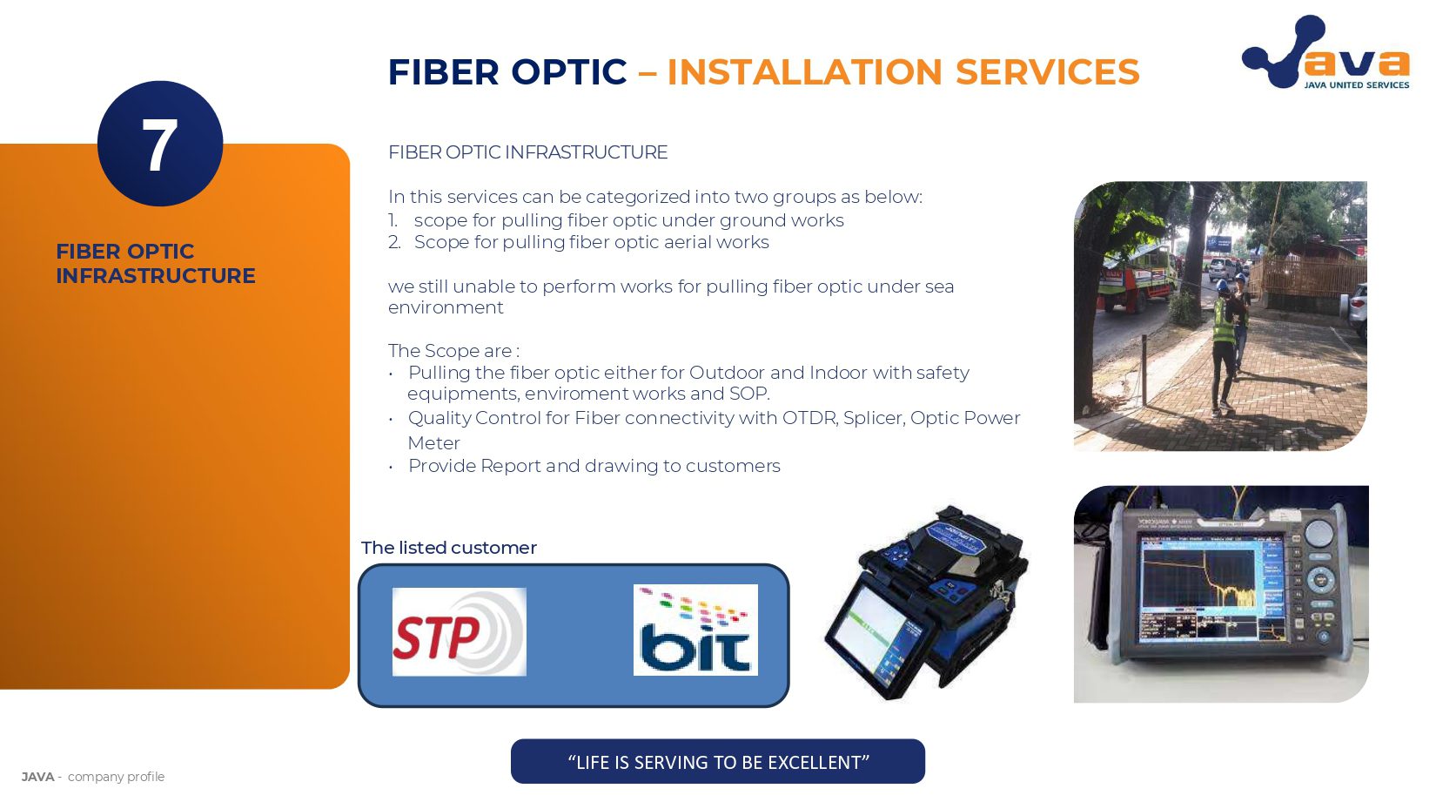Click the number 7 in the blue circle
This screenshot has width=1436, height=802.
pos(159,145)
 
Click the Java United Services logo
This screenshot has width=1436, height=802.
pos(1325,54)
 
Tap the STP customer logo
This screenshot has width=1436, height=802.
pos(459,631)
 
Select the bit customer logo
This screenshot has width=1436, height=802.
pos(695,630)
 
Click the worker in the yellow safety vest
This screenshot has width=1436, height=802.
pos(1225,335)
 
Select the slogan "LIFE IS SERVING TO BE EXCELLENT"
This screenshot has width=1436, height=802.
pos(718,762)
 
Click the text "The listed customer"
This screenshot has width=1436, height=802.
pos(449,548)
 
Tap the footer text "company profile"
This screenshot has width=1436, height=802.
pos(116,777)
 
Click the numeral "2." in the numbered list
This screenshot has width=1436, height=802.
pos(395,242)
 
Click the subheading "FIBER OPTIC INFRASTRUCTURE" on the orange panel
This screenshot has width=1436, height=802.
pos(155,263)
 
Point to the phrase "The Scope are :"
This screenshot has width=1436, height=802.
pos(453,351)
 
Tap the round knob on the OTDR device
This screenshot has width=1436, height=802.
pos(1320,533)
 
